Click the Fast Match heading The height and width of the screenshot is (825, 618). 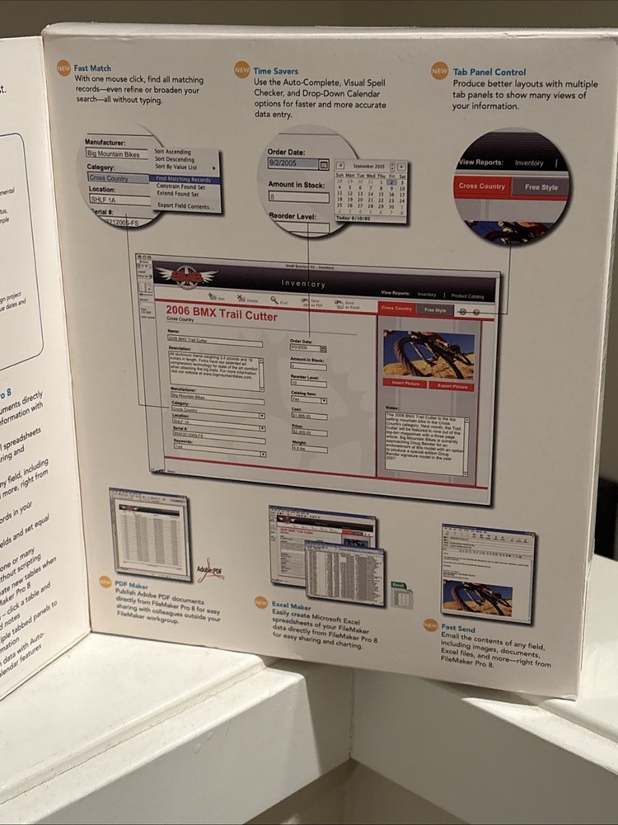[92, 68]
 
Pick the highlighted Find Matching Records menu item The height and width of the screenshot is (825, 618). [183, 179]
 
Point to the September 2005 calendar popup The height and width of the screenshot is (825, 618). [370, 192]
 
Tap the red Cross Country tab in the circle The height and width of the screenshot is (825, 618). [482, 186]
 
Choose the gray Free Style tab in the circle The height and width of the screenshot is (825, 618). [541, 187]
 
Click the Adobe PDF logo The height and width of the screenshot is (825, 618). [210, 569]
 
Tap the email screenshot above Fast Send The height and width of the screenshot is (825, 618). [488, 573]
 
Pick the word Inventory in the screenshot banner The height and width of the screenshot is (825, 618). [303, 284]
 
